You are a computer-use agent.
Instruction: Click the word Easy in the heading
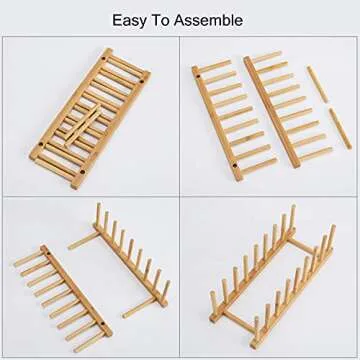tap(130, 19)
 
